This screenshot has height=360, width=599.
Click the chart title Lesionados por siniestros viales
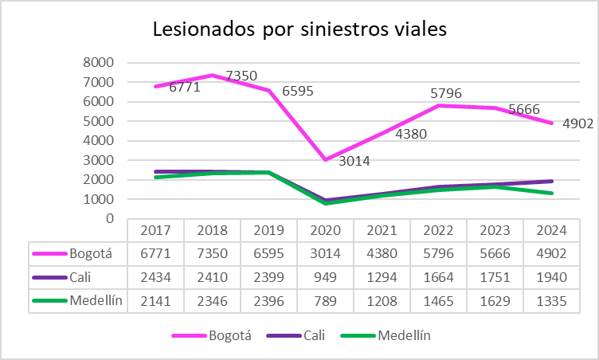(299, 30)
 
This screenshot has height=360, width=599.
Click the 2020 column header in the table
(325, 230)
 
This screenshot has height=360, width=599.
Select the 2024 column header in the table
(551, 230)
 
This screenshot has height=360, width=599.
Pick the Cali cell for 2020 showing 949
(325, 278)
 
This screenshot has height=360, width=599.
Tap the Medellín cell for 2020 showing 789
(325, 302)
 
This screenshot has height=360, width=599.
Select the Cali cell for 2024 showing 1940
(551, 278)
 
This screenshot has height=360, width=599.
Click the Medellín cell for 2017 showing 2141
(155, 302)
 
